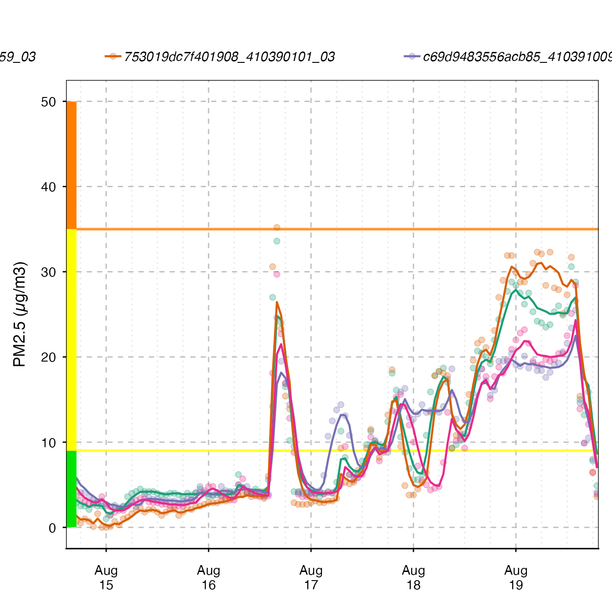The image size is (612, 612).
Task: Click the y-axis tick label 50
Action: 48,102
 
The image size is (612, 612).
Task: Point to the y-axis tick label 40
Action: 48,187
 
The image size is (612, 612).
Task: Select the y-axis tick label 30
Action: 48,272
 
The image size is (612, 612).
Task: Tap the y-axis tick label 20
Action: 48,357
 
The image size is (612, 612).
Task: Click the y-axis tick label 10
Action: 48,443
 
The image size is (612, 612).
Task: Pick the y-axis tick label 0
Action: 52,528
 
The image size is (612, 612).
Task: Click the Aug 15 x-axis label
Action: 106,577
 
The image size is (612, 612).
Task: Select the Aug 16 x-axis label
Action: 209,577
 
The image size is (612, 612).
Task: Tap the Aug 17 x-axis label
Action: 311,577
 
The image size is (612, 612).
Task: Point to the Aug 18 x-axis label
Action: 413,577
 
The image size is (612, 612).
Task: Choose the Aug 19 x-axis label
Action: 516,577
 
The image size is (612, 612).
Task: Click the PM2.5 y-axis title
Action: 20,314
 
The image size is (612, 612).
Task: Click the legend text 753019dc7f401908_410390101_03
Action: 229,57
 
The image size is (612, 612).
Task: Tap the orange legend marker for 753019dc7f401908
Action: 113,56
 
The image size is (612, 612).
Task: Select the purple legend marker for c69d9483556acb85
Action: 412,56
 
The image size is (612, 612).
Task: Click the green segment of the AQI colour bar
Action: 71,489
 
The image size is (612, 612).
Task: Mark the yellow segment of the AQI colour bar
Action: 71,340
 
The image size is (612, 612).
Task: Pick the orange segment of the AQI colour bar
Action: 71,165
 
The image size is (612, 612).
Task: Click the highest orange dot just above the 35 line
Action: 276,228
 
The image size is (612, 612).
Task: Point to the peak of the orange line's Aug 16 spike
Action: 277,302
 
